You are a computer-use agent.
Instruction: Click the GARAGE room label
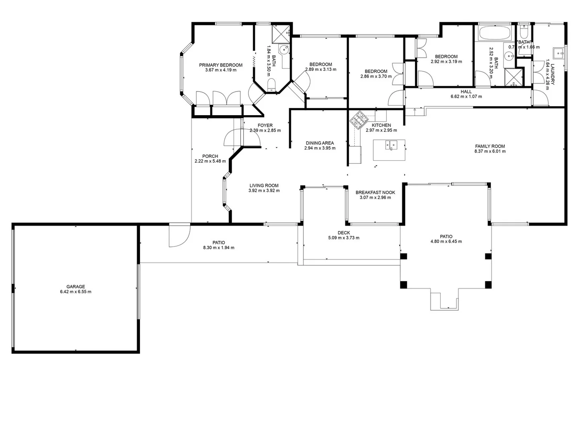tap(76, 287)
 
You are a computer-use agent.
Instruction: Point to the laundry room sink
tap(558, 52)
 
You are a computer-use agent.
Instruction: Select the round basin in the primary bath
tap(284, 50)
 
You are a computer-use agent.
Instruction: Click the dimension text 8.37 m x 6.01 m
tap(490, 151)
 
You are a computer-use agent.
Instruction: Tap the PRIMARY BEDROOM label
tap(221, 65)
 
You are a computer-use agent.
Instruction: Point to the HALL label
tap(466, 91)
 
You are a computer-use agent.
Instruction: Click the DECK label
tap(343, 233)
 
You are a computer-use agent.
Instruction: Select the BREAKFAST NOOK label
tap(375, 193)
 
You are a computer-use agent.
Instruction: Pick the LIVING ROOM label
tap(264, 186)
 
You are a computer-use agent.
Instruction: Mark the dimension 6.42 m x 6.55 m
tap(76, 292)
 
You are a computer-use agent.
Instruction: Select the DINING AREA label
tap(320, 143)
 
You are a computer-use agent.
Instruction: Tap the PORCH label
tap(210, 156)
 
